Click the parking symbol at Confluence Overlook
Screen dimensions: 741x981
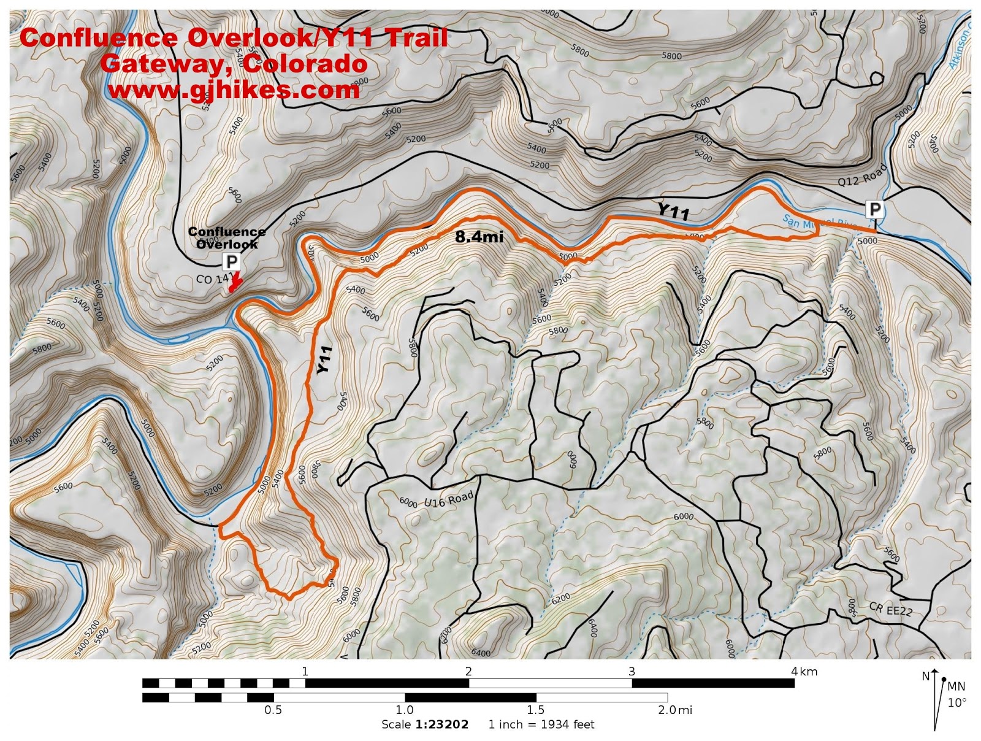231,262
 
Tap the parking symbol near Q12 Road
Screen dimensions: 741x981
874,210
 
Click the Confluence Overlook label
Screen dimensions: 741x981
226,238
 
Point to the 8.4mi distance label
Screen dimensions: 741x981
479,237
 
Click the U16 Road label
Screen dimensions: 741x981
449,501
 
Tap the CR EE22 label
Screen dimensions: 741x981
890,609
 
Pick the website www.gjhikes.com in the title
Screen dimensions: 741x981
234,91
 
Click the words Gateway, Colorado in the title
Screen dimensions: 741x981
234,64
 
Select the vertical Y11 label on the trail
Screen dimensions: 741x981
324,359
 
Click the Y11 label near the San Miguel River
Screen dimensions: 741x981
673,212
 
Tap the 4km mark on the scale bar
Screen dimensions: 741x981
804,671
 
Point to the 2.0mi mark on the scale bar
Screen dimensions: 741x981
674,710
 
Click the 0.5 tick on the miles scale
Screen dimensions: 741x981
273,710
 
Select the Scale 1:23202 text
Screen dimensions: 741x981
425,724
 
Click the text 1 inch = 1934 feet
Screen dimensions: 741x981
541,724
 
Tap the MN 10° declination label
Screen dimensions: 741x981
956,694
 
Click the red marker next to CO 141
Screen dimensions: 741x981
235,283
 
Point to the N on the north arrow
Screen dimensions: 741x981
925,677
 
